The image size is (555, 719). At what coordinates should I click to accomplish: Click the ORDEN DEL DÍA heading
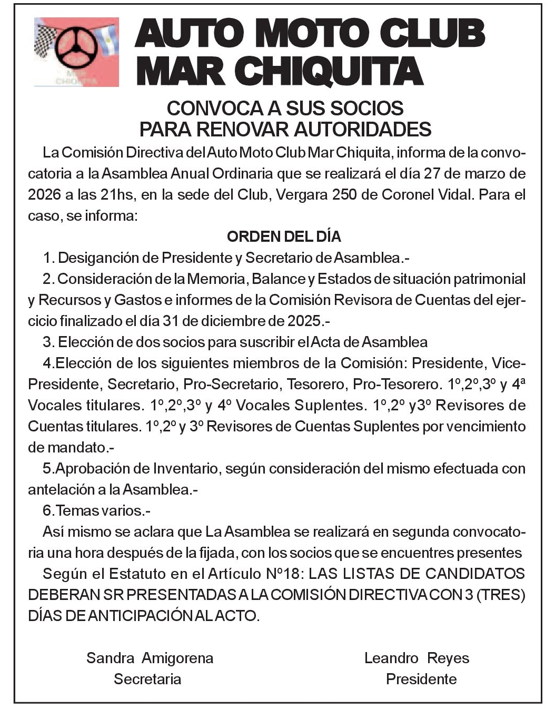[x=284, y=237]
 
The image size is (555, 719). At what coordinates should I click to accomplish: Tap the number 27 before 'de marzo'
[x=431, y=173]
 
